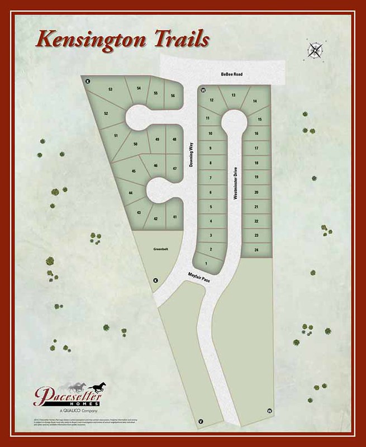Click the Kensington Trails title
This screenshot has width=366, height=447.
[x=121, y=40]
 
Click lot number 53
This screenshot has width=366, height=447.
[x=111, y=89]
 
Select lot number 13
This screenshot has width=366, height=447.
[x=233, y=96]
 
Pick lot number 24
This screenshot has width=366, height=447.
[x=256, y=250]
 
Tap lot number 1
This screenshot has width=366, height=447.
[x=207, y=263]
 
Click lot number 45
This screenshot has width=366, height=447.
[x=134, y=171]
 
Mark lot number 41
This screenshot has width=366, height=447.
[x=175, y=217]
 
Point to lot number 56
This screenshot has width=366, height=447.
[x=173, y=96]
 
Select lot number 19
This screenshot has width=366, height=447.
[x=256, y=177]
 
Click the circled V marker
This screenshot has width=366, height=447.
[x=200, y=420]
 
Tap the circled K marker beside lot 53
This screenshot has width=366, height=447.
[x=88, y=82]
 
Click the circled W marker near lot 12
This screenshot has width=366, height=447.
[x=203, y=90]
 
